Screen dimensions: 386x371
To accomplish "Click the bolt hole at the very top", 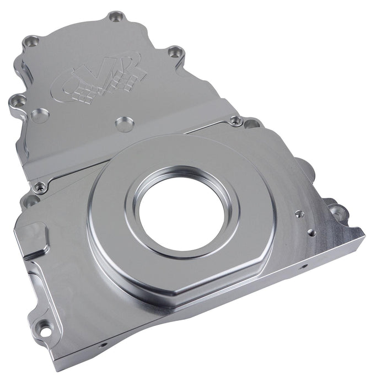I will (115, 17).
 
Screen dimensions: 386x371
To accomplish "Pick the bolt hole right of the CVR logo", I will (175, 53).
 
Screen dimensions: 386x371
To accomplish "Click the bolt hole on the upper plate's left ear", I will (17, 101).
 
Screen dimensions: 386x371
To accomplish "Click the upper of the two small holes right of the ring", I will (298, 212).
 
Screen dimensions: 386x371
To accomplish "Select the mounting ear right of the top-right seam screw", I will (252, 124).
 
